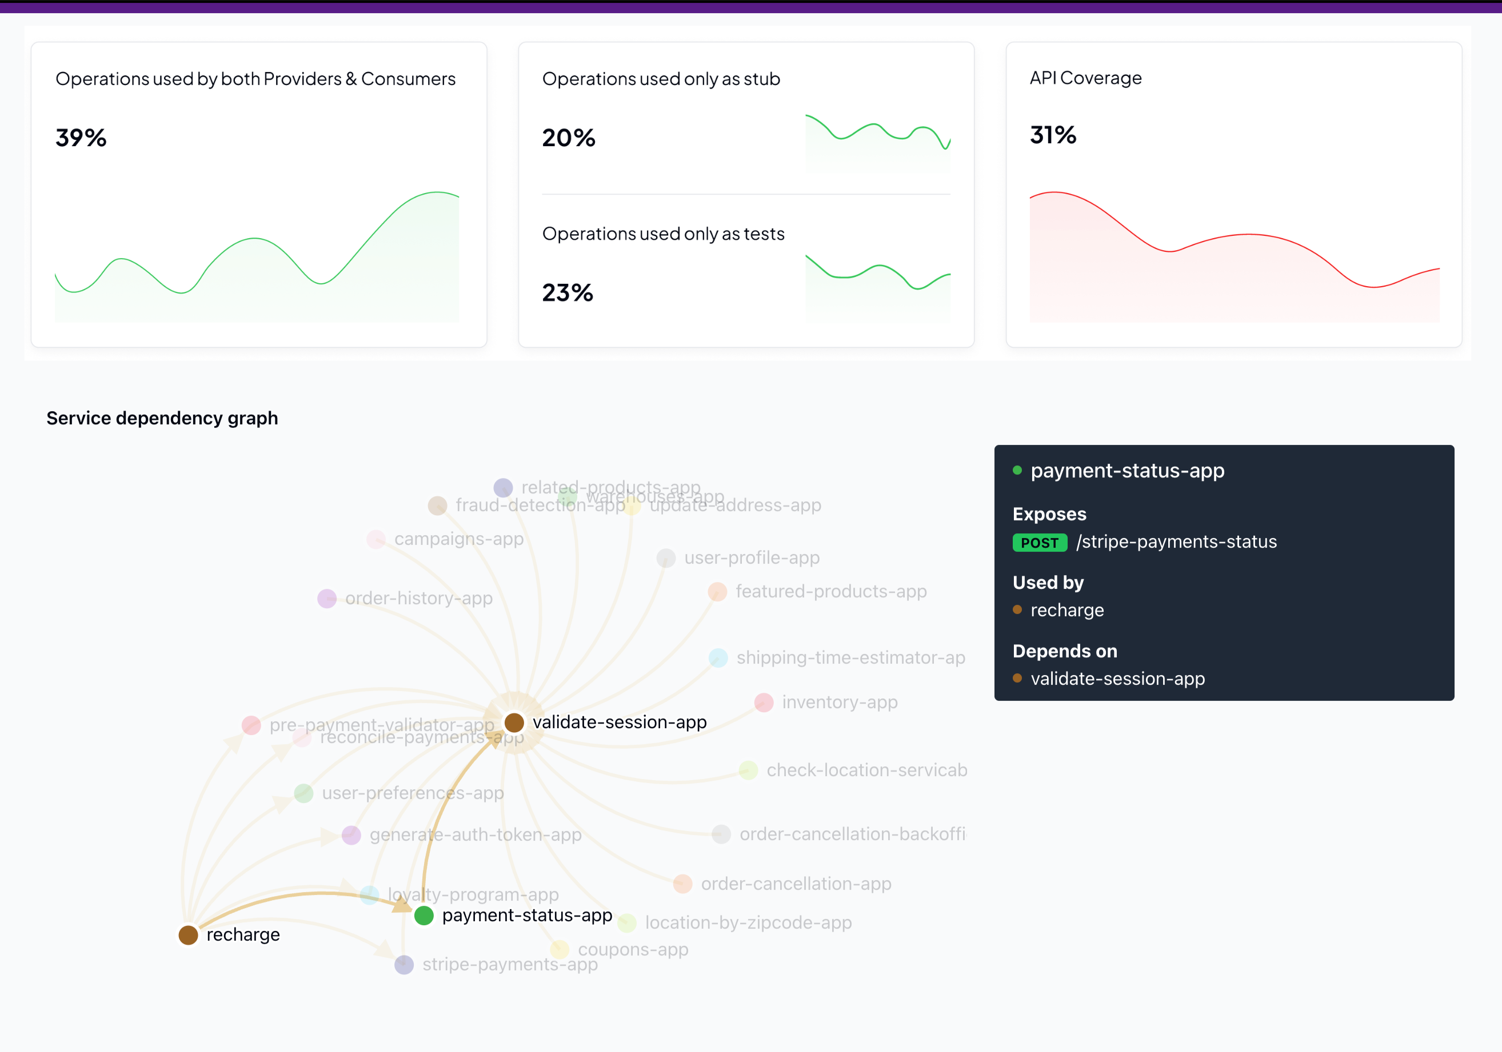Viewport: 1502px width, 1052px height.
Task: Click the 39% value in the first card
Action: click(81, 138)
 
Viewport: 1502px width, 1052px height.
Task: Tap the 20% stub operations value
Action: click(569, 138)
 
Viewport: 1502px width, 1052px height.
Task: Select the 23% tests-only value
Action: click(567, 293)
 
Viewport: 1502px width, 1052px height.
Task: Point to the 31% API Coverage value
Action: click(1053, 135)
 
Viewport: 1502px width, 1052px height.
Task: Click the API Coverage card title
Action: click(1085, 78)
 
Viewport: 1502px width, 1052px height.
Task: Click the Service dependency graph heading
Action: click(162, 418)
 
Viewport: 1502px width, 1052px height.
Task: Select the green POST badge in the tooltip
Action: click(1040, 543)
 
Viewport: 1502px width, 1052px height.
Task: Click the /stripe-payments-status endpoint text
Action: click(1176, 542)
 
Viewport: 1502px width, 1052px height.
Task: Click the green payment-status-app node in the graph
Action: click(424, 916)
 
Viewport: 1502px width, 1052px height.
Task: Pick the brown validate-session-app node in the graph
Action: click(514, 722)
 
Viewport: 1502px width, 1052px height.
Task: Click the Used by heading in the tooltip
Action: click(1048, 583)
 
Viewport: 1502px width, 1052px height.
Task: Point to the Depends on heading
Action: click(1064, 651)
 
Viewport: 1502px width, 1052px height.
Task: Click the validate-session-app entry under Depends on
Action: click(1117, 678)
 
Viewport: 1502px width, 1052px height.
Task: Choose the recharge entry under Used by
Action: click(1067, 610)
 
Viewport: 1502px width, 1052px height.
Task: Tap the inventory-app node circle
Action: click(764, 702)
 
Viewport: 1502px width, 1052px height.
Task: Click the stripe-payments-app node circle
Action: click(404, 965)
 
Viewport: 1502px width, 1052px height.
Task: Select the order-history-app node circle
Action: click(326, 599)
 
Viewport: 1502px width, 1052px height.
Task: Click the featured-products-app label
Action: click(831, 591)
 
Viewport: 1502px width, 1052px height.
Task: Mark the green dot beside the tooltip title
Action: click(1017, 470)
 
